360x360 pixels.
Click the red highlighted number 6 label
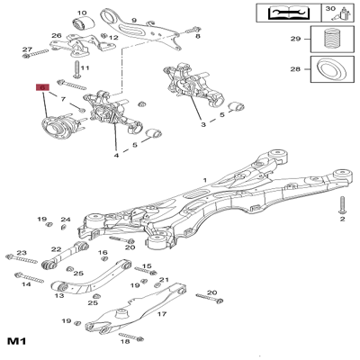pyautogui.click(x=40, y=88)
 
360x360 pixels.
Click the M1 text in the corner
pyautogui.click(x=16, y=342)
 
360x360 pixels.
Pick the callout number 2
pyautogui.click(x=342, y=219)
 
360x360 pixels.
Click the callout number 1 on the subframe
pyautogui.click(x=204, y=181)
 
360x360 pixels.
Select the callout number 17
pyautogui.click(x=162, y=314)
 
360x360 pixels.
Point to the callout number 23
pyautogui.click(x=22, y=254)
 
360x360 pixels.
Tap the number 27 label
pyautogui.click(x=27, y=49)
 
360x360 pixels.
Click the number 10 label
pyautogui.click(x=82, y=13)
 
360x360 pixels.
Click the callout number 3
pyautogui.click(x=203, y=125)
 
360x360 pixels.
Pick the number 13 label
pyautogui.click(x=58, y=295)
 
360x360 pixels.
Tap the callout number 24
pyautogui.click(x=65, y=220)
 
